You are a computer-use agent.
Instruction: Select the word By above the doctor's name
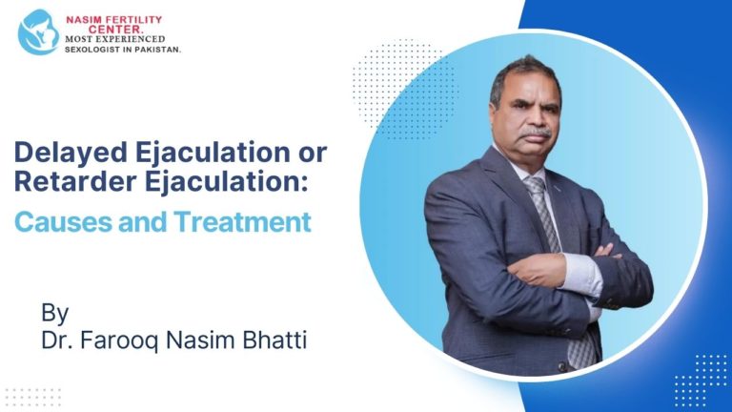pos(55,312)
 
